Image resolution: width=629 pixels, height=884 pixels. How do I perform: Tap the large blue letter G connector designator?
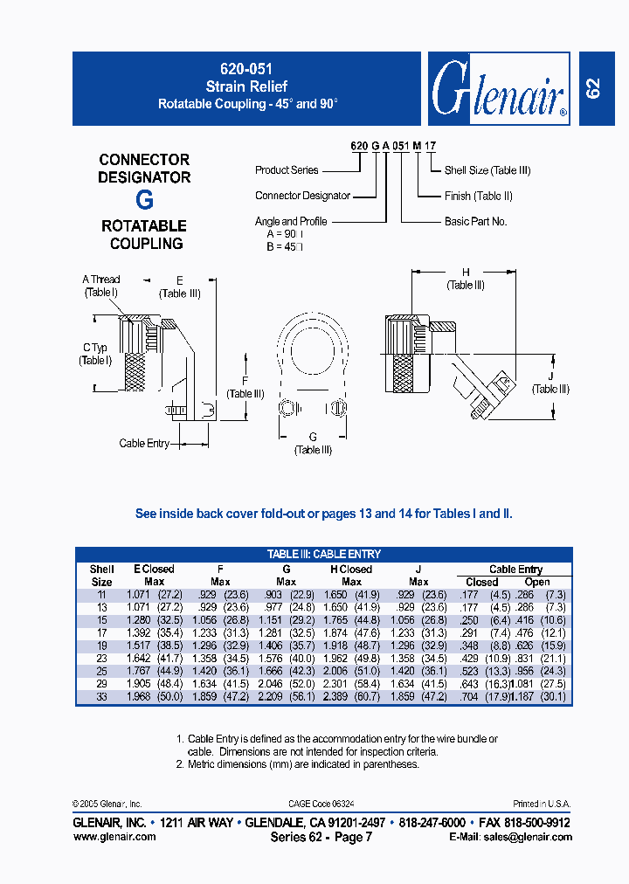[144, 200]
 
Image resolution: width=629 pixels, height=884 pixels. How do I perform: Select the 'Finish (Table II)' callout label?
[478, 196]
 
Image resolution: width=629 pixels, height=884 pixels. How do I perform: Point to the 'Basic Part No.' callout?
[475, 221]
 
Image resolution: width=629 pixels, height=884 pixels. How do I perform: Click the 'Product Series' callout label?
[287, 170]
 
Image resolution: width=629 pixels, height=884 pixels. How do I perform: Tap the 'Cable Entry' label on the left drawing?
[144, 444]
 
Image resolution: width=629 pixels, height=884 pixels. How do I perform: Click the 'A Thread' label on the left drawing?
[101, 280]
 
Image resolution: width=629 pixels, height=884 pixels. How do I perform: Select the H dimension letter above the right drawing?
[466, 272]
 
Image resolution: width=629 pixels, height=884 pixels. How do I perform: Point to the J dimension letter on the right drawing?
[551, 376]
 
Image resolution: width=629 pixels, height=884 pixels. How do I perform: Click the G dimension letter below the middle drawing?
[313, 437]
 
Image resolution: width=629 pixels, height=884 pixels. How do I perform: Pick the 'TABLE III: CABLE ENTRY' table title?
[323, 554]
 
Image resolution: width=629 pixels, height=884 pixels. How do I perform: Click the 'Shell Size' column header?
[102, 575]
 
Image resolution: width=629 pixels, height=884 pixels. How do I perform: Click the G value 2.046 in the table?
[272, 684]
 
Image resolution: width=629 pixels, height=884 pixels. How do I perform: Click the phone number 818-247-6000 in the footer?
[432, 823]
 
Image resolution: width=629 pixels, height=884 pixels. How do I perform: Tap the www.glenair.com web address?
[114, 837]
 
